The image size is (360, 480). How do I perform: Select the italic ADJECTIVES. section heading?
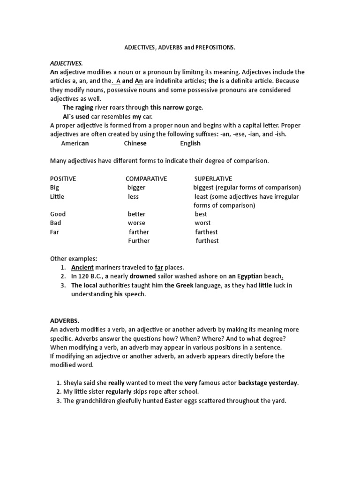tap(66, 63)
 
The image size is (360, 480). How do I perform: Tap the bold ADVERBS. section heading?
tap(65, 321)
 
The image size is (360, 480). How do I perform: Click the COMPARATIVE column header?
tap(146, 179)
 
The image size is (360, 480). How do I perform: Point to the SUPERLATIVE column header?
tap(213, 179)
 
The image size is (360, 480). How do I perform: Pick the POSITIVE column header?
tap(63, 179)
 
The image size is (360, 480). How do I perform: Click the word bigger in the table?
tap(136, 187)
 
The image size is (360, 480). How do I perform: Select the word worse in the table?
tap(136, 223)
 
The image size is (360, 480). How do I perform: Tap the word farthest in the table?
tap(207, 232)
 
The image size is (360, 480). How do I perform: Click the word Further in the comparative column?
tap(139, 241)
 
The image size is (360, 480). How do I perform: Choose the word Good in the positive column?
tap(58, 214)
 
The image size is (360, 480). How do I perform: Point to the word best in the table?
tap(201, 214)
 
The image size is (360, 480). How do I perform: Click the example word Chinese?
tap(135, 143)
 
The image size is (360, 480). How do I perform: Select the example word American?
tap(75, 143)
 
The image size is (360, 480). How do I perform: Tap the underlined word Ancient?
tap(83, 268)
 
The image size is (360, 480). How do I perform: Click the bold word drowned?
tap(142, 277)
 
